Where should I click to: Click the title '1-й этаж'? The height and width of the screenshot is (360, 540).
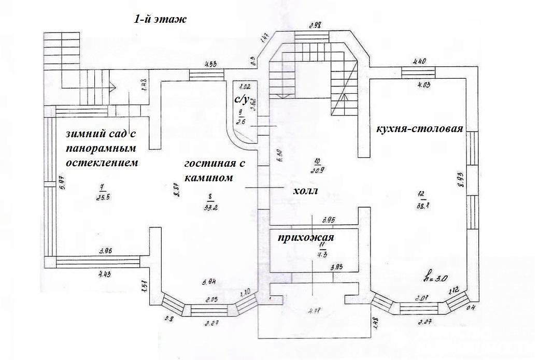pyautogui.click(x=160, y=20)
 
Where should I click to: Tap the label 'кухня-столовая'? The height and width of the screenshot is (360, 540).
pyautogui.click(x=419, y=128)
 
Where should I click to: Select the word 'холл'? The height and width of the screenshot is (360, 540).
pyautogui.click(x=305, y=191)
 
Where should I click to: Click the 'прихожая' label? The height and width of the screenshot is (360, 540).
pyautogui.click(x=306, y=238)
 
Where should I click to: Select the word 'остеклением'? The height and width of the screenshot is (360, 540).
pyautogui.click(x=102, y=163)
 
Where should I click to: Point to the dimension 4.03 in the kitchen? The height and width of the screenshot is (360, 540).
pyautogui.click(x=423, y=85)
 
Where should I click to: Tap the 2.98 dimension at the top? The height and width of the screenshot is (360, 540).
pyautogui.click(x=316, y=25)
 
